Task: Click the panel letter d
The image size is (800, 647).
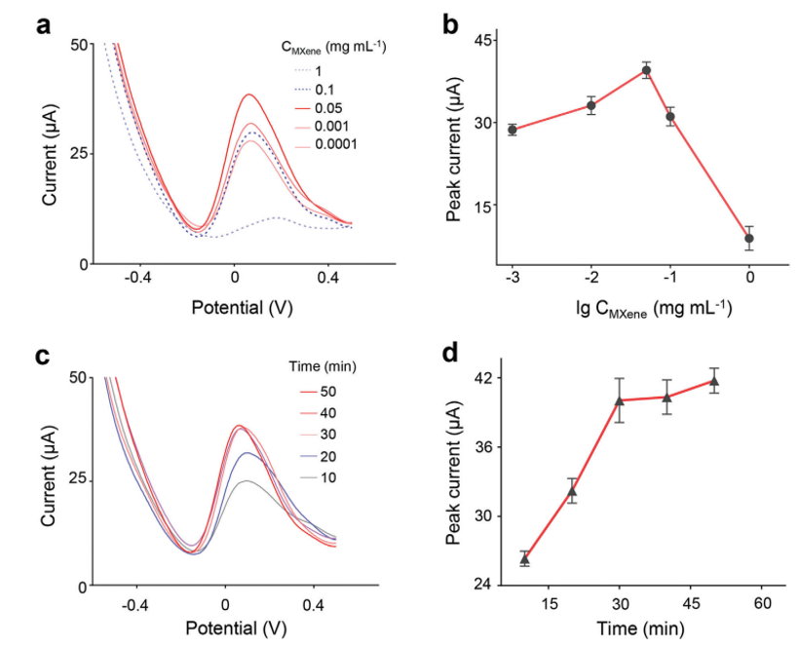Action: pos(452,351)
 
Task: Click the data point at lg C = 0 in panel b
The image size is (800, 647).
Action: pos(749,238)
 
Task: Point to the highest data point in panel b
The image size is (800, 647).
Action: pos(646,70)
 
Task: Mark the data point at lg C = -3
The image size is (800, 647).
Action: pos(512,130)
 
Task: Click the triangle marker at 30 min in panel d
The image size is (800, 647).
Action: pos(619,400)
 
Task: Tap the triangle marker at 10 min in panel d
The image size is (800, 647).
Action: pos(524,559)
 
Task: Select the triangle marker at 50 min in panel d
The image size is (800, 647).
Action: pos(713,381)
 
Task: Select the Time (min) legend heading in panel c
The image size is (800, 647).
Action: pos(323,366)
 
